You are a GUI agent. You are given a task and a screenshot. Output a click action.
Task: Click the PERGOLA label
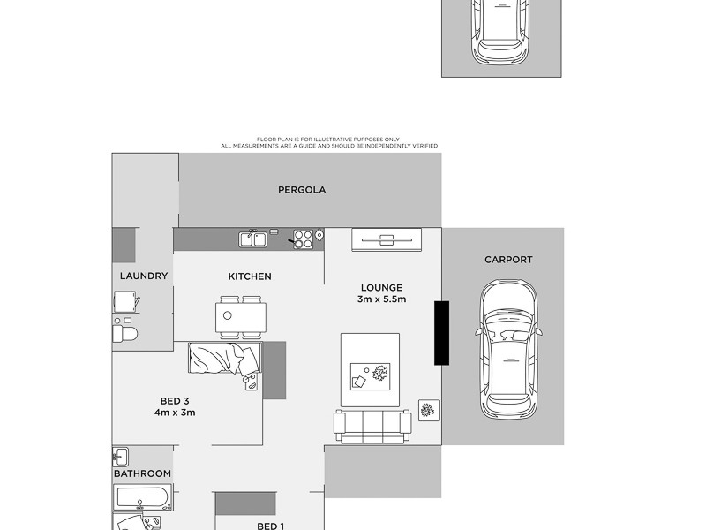click(302, 190)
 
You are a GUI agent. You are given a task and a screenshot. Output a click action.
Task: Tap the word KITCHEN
click(250, 276)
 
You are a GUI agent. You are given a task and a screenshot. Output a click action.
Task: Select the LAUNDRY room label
click(143, 276)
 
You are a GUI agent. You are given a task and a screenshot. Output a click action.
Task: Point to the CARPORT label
click(508, 260)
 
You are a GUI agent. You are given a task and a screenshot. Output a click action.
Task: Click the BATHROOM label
click(142, 473)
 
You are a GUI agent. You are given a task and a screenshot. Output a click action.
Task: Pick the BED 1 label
click(270, 526)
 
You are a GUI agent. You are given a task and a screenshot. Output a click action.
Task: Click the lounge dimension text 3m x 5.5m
click(381, 299)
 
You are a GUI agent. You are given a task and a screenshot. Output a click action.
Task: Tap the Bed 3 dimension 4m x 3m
click(175, 413)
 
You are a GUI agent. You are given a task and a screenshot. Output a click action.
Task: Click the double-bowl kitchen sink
click(252, 238)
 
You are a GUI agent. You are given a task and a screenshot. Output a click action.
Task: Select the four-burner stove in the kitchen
click(303, 238)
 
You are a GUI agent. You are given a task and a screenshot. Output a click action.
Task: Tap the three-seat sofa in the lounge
click(372, 428)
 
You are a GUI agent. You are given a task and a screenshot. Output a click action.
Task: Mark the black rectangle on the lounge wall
click(441, 332)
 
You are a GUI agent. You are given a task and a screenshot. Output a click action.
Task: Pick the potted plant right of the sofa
click(428, 411)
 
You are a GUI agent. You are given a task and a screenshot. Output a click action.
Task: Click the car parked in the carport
click(508, 348)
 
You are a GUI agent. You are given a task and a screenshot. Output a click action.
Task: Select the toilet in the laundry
click(124, 333)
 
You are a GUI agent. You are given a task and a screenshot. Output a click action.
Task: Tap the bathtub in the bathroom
click(142, 498)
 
